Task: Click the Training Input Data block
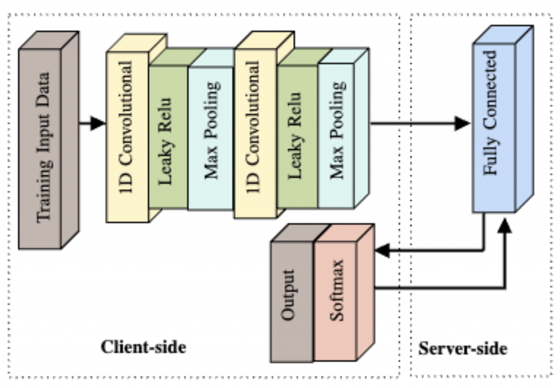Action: (40, 148)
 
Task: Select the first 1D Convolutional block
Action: (127, 137)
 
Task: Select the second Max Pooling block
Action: (337, 137)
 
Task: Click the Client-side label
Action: (143, 347)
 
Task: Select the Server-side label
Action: (463, 349)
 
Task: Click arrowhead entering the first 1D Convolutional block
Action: (98, 124)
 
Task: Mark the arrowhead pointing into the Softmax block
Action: (382, 251)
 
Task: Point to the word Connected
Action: (491, 90)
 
